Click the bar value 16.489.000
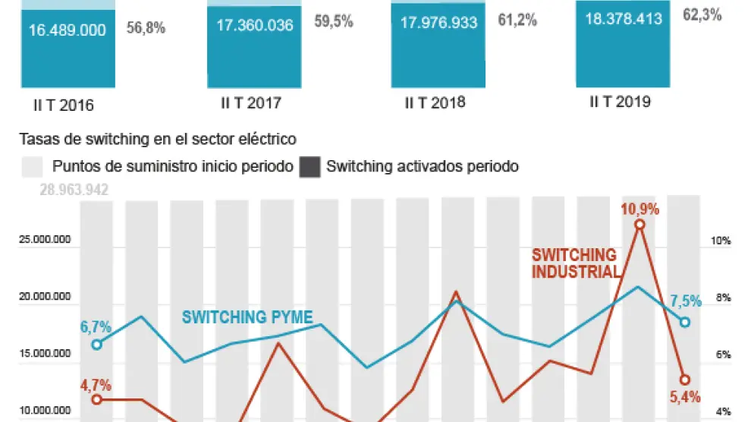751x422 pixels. tap(68, 31)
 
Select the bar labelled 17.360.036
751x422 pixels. tap(254, 25)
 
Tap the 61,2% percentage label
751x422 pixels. tap(517, 20)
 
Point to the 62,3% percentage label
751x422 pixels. tap(702, 14)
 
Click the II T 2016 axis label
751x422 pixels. tap(68, 106)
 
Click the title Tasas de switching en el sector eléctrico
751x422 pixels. tap(157, 139)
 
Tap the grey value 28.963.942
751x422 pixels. tap(74, 190)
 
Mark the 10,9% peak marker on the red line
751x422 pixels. tap(639, 224)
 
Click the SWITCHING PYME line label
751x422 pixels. tap(247, 317)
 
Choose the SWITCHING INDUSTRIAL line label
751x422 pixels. tap(575, 263)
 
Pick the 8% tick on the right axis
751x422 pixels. tap(721, 298)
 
